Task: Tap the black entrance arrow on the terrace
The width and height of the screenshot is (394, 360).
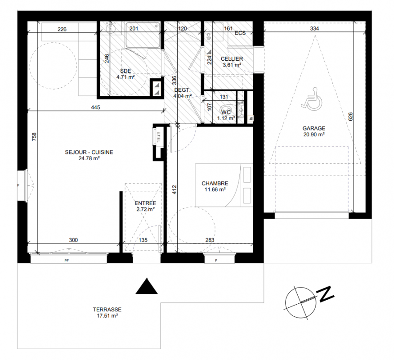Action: point(147,287)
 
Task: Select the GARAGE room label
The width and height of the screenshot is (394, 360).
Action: point(314,128)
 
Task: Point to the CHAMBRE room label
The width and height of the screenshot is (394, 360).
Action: point(215,184)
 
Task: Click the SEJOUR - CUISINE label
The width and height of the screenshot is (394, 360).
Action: point(89,153)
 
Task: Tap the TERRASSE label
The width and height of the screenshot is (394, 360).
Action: point(107,310)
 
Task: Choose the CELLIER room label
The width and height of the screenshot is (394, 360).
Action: point(232,59)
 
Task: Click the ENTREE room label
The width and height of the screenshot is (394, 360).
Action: point(145,203)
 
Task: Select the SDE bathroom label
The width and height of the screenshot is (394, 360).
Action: point(125,71)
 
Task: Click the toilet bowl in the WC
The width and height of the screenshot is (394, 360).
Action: point(227,110)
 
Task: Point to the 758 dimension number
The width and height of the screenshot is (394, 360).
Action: point(34,136)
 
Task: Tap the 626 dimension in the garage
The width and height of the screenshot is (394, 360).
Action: point(351,117)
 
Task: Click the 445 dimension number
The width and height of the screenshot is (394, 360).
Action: point(95,108)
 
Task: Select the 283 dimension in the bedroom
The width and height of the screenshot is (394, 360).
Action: point(210,240)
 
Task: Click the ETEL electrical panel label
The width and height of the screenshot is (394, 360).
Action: point(159,137)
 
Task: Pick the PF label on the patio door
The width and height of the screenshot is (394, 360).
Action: point(67,261)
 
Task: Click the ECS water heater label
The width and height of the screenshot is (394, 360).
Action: point(240,33)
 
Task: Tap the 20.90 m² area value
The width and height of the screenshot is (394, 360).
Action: point(314,135)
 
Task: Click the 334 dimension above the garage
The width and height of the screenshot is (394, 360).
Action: point(314,28)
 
